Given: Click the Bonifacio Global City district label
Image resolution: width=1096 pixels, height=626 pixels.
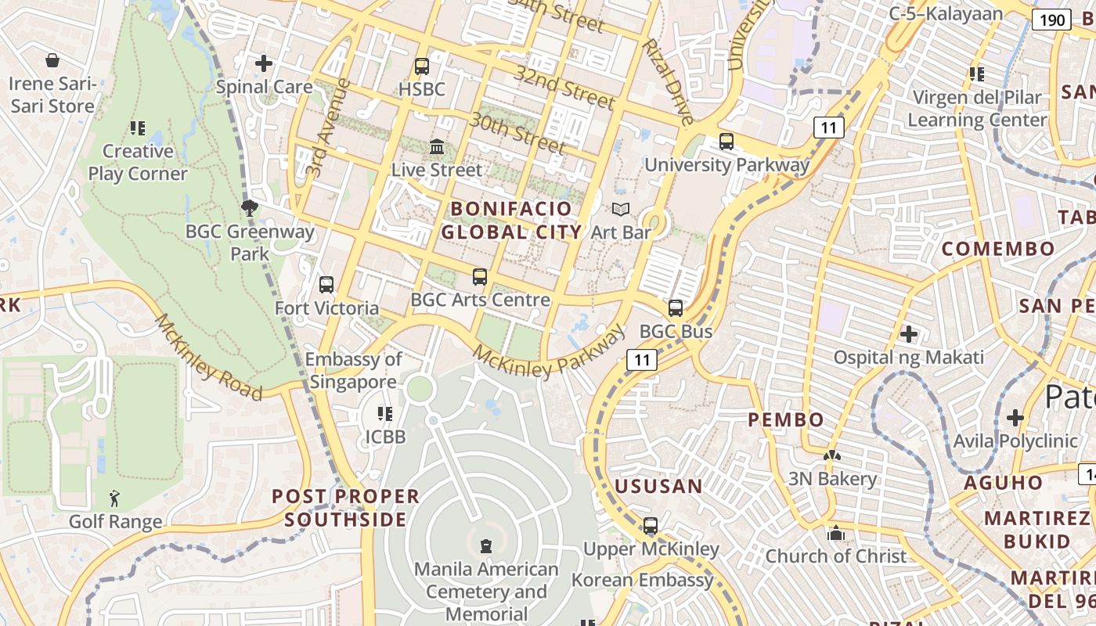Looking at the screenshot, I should coord(512,220).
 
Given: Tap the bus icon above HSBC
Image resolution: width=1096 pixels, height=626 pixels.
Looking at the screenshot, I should coord(422,67).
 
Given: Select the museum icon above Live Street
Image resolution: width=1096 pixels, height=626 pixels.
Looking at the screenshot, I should coord(436,146).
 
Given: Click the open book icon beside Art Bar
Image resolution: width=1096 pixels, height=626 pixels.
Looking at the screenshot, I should coord(621,210).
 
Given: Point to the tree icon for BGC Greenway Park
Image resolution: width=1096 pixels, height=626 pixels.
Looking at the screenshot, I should coord(250,208).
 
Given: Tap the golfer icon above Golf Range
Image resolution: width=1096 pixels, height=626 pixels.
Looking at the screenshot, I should coord(115,498).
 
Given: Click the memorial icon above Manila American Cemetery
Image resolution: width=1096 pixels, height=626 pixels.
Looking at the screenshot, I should coord(486,545).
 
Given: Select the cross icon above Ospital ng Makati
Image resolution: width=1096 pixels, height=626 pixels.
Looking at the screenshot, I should coord(908,334).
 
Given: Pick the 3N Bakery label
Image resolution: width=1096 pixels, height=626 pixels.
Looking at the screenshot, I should coord(832,479).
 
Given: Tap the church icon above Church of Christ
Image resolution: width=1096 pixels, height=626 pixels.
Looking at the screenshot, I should coord(836,533).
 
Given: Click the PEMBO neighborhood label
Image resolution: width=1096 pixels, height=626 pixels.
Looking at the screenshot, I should coord(786,420).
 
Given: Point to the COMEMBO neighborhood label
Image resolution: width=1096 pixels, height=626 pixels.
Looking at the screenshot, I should coord(998,250).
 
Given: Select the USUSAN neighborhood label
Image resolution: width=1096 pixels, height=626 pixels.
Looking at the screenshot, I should coord(658,487).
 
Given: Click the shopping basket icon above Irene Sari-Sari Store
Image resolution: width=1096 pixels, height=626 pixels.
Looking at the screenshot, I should coord(52,60).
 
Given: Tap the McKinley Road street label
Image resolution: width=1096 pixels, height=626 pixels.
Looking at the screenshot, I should coord(208,357).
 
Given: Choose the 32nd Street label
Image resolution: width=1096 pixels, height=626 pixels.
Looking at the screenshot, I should coord(564,87).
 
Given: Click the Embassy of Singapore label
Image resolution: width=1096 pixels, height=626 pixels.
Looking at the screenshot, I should coord(354,370).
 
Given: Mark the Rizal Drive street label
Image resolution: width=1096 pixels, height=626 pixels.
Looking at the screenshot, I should coord(667,81).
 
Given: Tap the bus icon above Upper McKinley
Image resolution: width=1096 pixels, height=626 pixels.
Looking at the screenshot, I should coord(651,526).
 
